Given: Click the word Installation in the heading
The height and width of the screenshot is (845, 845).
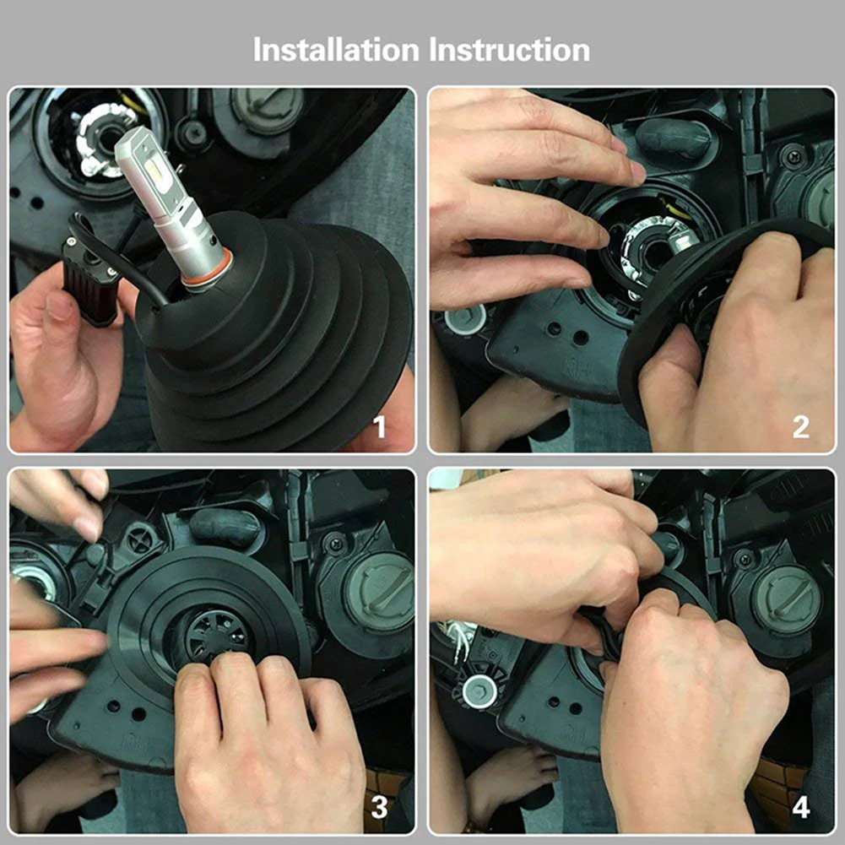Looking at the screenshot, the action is point(336,50).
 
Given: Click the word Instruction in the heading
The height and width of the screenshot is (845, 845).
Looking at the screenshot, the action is point(509,50).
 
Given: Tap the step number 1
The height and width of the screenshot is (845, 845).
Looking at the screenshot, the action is point(380,427).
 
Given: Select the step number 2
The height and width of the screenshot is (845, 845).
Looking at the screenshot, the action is point(801,427).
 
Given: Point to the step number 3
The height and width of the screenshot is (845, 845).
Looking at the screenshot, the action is point(379,807).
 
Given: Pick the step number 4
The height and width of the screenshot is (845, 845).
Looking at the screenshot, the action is point(801,807).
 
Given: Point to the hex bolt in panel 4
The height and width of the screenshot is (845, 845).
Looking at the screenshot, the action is point(479,691).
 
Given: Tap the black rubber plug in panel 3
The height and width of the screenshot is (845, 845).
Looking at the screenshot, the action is point(225,525).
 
